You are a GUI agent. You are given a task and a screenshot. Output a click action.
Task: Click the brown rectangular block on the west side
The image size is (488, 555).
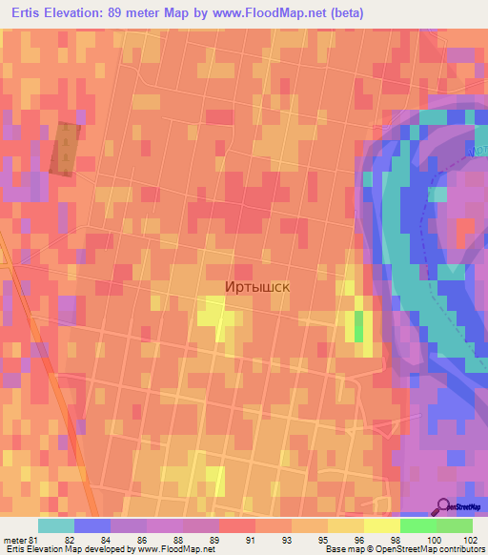point(65,149)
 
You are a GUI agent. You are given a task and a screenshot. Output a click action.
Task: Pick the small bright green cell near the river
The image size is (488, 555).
point(358,326)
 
